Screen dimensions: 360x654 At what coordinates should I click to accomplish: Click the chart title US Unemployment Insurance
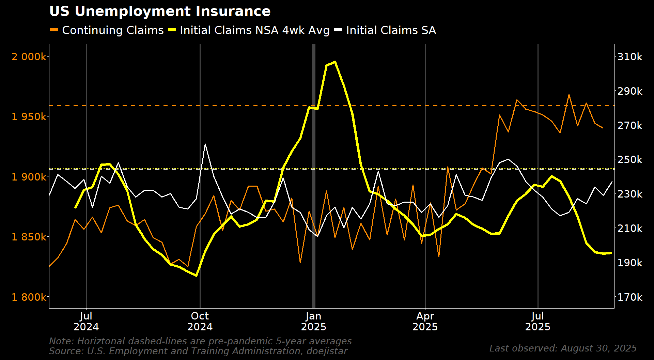pos(160,12)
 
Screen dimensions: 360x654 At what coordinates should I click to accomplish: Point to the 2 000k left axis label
pos(29,57)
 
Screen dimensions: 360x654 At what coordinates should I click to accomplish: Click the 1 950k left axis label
pos(29,117)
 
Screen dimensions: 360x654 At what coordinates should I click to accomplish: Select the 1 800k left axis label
pos(29,297)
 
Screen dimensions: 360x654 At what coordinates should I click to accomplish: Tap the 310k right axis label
pos(630,57)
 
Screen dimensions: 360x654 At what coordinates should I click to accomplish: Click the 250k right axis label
pos(630,160)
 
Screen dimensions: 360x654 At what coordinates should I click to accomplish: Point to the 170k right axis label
pos(630,297)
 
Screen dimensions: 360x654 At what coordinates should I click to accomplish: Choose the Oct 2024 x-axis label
pos(200,321)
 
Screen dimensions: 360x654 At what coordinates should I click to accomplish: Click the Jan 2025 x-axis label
pos(313,321)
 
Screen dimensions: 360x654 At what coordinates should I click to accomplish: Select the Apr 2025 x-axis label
pos(425,321)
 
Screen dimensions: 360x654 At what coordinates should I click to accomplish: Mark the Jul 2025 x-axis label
pos(538,321)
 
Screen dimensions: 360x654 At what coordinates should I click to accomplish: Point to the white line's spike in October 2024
pos(205,144)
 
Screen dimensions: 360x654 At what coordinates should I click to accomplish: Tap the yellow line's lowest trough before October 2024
pos(196,276)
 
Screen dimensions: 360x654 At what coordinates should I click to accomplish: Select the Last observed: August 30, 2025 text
pos(563,348)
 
